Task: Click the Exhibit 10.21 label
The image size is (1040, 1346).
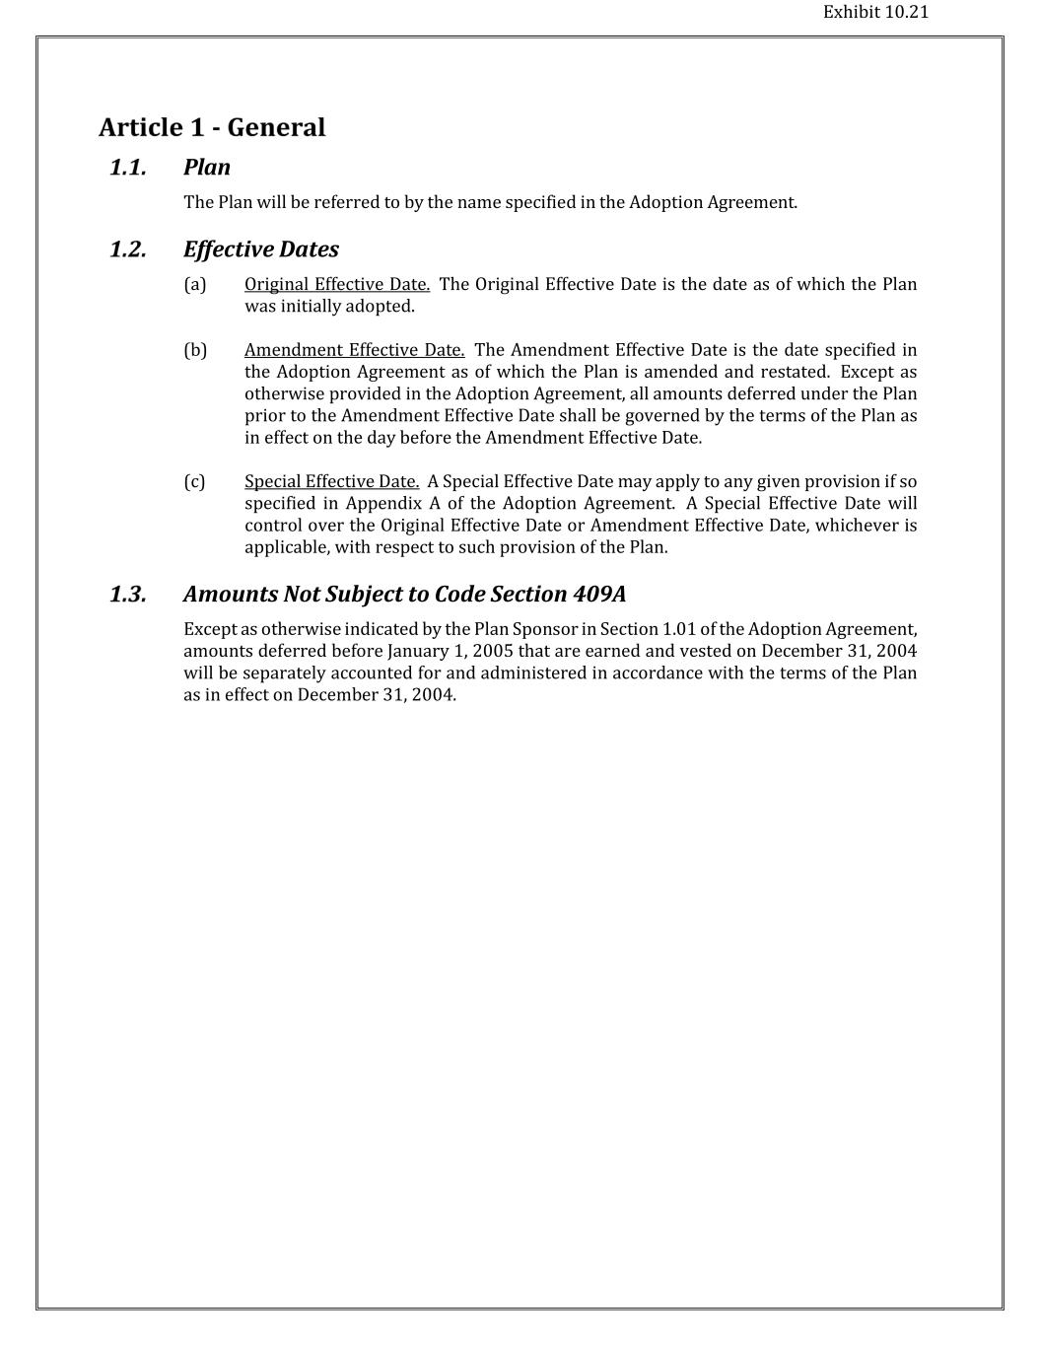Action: point(875,12)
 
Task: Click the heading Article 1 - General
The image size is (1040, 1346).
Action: point(212,127)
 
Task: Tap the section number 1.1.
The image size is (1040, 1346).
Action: point(128,168)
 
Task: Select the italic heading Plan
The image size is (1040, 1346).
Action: point(207,168)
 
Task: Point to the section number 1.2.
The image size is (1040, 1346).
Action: point(128,249)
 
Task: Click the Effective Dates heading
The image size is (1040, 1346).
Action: point(261,249)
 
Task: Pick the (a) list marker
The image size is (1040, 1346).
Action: point(195,285)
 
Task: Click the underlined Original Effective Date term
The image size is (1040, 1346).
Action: point(337,285)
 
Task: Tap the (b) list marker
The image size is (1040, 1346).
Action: point(195,350)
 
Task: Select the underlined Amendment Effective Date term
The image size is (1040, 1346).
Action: point(354,350)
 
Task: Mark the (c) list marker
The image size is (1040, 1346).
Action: point(195,481)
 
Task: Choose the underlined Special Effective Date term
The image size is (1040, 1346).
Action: point(331,481)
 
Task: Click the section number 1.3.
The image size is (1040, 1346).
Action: point(128,595)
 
